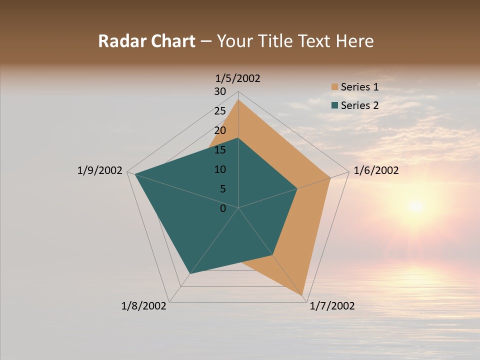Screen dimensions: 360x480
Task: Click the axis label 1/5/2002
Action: coord(238,78)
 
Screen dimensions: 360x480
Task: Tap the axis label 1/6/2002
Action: coord(376,170)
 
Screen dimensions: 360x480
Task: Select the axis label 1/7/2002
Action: coord(332,306)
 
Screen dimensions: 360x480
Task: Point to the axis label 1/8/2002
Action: coord(144,306)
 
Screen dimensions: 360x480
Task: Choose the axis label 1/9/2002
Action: coord(99,170)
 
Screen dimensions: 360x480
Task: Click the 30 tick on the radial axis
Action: coord(220,91)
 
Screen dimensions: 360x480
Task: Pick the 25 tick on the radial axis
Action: coord(220,111)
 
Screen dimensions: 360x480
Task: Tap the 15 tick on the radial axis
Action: coord(220,150)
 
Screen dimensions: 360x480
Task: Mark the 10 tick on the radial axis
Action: coord(220,169)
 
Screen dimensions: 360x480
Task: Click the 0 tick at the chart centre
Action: coord(223,208)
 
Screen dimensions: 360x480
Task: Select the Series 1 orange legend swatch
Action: coord(334,87)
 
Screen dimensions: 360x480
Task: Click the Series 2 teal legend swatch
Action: coord(334,105)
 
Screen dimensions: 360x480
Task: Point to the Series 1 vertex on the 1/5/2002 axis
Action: coord(238,99)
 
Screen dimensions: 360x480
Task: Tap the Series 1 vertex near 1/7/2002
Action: coord(303,296)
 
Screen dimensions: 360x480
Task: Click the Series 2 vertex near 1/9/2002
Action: coord(135,174)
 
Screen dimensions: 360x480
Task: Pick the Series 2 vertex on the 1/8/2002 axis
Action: coord(190,274)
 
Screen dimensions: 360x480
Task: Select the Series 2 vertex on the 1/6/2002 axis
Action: coord(297,188)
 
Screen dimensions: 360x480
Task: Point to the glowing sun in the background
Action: coord(415,205)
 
